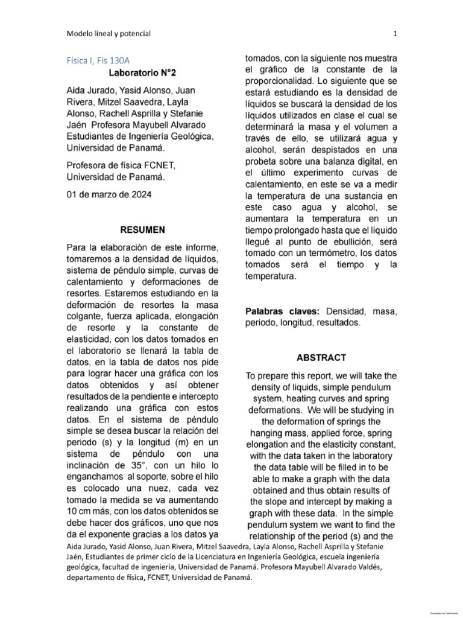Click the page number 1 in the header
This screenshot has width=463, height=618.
pyautogui.click(x=395, y=34)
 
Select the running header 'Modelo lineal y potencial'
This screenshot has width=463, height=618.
pyautogui.click(x=109, y=34)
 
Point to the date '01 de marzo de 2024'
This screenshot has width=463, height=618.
pyautogui.click(x=109, y=195)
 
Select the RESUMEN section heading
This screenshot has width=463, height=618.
pyautogui.click(x=142, y=230)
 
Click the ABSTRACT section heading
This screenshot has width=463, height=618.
pyautogui.click(x=321, y=357)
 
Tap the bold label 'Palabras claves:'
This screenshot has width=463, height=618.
pyautogui.click(x=283, y=311)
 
